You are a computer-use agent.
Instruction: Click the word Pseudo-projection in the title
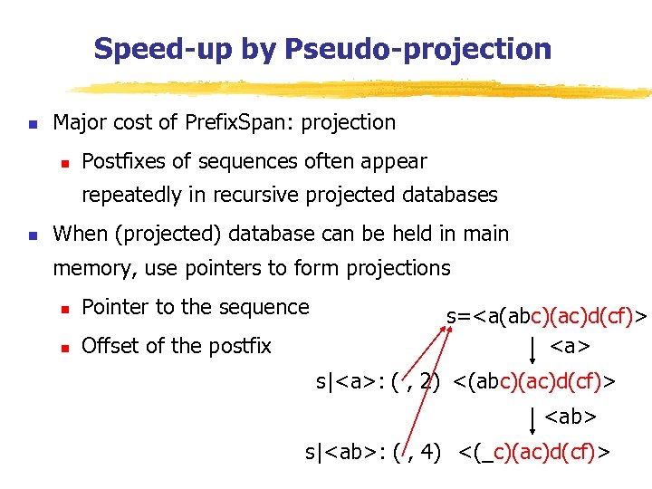417,49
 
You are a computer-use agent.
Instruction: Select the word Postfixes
123,162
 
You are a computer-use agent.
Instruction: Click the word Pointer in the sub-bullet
115,307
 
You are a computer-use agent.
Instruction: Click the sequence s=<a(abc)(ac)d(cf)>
548,317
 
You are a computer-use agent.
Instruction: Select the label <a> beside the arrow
571,346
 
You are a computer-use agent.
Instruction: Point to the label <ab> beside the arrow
570,417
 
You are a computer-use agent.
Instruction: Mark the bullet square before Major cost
32,123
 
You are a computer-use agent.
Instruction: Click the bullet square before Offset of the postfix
64,346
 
